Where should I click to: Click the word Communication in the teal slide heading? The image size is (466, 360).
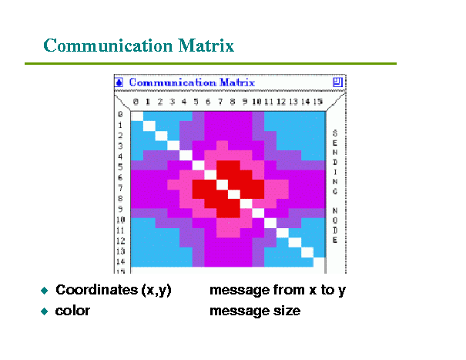tap(108, 45)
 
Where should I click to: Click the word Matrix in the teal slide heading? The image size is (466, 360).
tap(206, 45)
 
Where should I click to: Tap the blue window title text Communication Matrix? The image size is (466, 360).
tap(192, 82)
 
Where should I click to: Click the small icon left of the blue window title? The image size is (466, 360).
tap(119, 82)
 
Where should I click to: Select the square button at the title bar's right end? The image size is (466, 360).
tap(337, 82)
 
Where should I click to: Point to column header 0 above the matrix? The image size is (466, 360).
tap(136, 102)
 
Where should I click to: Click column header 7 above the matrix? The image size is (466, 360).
tap(220, 102)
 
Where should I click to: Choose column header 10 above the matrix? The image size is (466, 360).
tap(256, 102)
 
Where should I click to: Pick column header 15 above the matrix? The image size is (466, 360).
tap(317, 102)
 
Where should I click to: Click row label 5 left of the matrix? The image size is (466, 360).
tap(120, 167)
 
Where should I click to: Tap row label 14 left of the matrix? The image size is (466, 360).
tap(120, 262)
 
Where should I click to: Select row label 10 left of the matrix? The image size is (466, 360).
tap(120, 220)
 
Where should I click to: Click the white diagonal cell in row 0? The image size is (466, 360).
tap(137, 116)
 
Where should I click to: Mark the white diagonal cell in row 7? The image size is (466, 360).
tap(222, 184)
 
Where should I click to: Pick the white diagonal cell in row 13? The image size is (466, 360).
tap(307, 253)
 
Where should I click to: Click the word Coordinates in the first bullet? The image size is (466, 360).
tap(97, 290)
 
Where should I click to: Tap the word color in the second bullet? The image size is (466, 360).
tap(72, 311)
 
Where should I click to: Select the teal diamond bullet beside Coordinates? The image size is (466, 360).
tap(44, 291)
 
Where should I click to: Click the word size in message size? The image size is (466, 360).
tap(287, 311)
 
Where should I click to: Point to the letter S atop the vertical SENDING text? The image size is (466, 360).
tap(335, 133)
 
